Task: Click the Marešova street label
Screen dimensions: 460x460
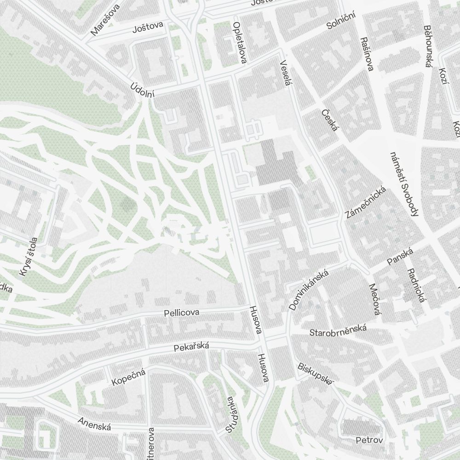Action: click(106, 20)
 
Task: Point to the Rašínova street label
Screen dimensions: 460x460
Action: click(367, 54)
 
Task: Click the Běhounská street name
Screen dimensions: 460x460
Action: click(428, 46)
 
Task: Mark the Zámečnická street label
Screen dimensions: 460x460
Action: click(364, 202)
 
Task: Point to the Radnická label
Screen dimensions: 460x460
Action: click(414, 286)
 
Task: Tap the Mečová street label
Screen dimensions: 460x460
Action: click(375, 299)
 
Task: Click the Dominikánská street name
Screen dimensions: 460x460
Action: click(308, 290)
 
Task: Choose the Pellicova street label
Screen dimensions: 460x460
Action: click(182, 313)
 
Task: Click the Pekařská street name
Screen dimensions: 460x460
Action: click(191, 347)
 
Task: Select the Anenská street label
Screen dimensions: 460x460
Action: click(94, 424)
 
